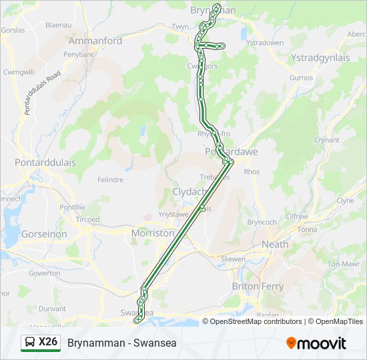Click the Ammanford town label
click(x=95, y=41)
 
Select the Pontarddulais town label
click(x=45, y=163)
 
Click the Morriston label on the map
click(x=153, y=234)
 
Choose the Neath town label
click(x=275, y=244)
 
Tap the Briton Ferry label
click(x=258, y=287)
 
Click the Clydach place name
click(x=190, y=192)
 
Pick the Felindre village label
click(x=110, y=180)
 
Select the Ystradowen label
click(x=265, y=43)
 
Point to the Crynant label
click(x=327, y=141)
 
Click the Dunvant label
click(x=53, y=309)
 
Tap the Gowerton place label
click(x=45, y=273)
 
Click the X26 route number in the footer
click(x=48, y=343)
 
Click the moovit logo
click(x=316, y=343)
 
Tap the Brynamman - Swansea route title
click(x=122, y=343)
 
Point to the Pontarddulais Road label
click(x=42, y=91)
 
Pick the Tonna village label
click(x=308, y=229)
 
